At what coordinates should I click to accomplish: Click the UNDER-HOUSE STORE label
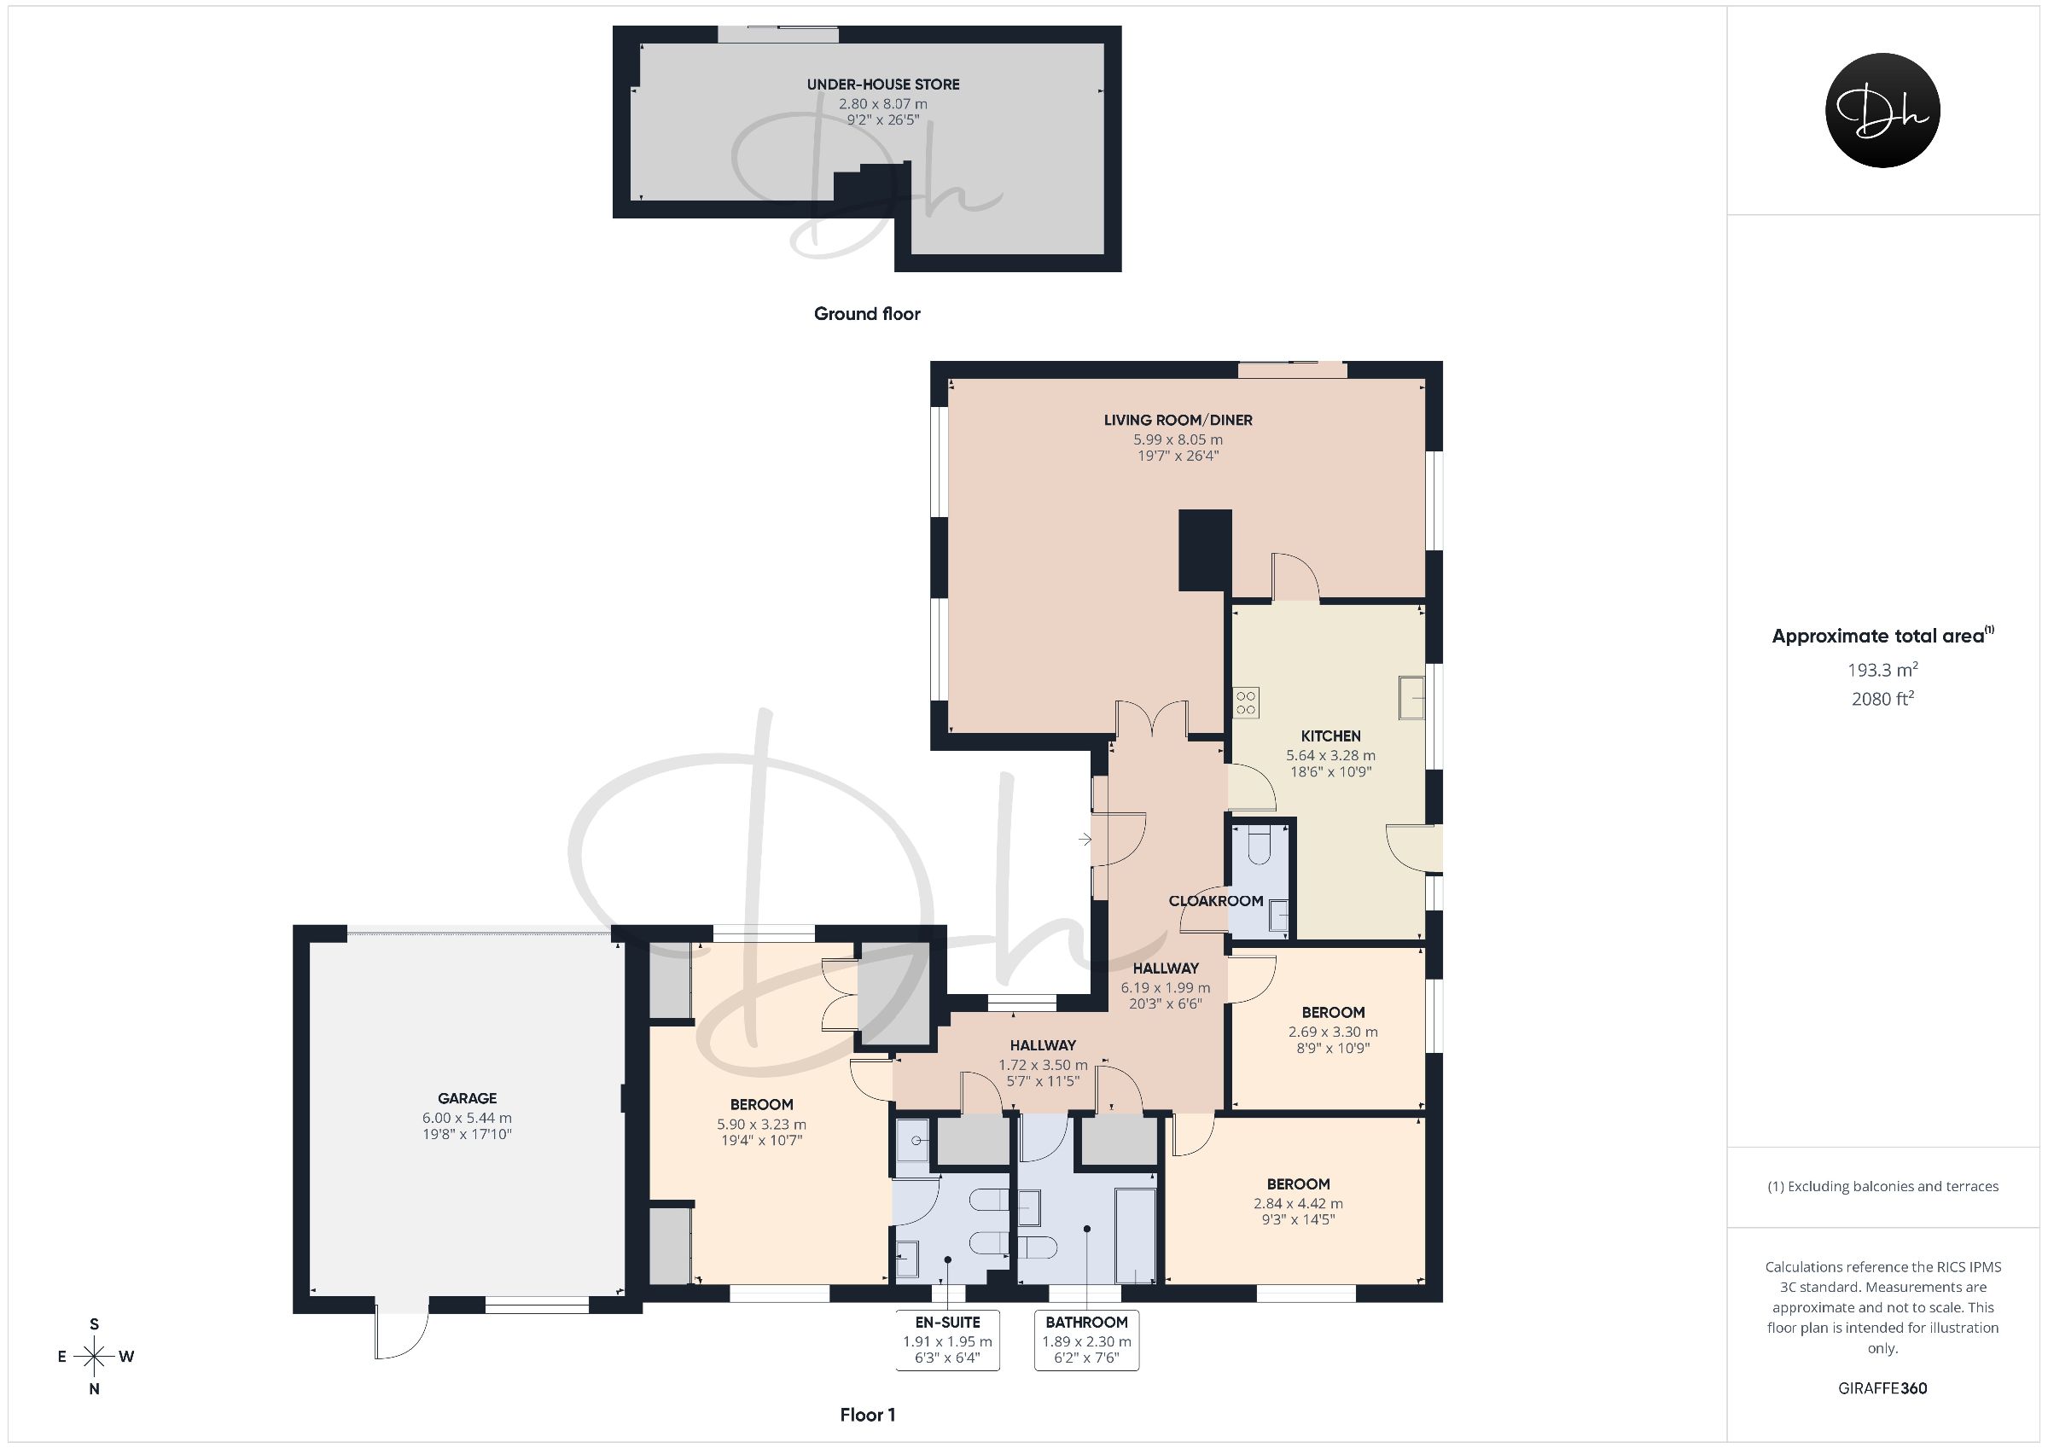click(x=883, y=84)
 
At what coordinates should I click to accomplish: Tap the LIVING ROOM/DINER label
click(x=1178, y=420)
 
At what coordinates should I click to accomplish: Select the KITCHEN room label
click(x=1331, y=736)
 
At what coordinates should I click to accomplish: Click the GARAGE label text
click(x=468, y=1098)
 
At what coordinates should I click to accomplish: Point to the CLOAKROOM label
click(x=1216, y=901)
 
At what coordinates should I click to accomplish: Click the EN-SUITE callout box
click(x=947, y=1340)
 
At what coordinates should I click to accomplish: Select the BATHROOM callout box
click(x=1086, y=1340)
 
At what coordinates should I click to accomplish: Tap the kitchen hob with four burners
click(x=1246, y=702)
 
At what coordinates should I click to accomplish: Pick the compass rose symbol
click(x=95, y=1357)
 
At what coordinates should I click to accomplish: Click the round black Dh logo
click(x=1883, y=111)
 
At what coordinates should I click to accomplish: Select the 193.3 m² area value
click(x=1883, y=669)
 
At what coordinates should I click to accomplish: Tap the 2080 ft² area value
click(x=1883, y=699)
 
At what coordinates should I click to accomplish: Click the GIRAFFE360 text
click(x=1883, y=1388)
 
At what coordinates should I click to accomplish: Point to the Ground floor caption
click(x=867, y=314)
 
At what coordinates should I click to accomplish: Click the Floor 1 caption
click(x=868, y=1415)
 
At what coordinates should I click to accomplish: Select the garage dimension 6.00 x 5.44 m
click(x=468, y=1118)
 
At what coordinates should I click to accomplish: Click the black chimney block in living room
click(x=1205, y=550)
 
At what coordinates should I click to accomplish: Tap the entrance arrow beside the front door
click(x=1085, y=839)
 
